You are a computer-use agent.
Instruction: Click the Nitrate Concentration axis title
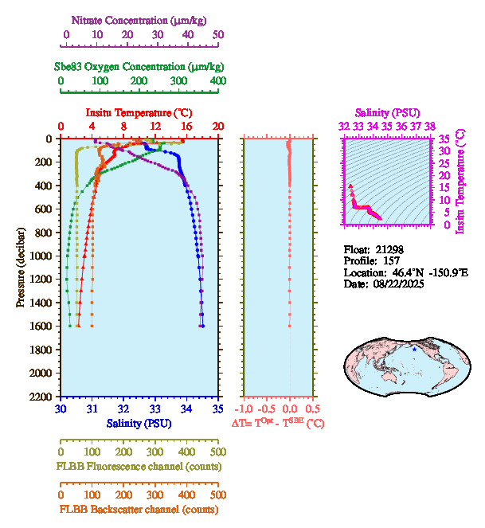(x=140, y=19)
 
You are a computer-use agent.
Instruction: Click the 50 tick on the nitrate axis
(x=218, y=35)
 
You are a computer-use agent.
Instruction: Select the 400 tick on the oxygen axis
(x=217, y=81)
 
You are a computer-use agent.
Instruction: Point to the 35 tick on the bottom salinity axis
(x=217, y=410)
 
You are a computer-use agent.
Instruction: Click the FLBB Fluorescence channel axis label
(x=139, y=466)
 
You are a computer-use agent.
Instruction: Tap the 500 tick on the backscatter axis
(x=217, y=494)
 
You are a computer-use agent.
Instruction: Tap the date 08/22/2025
(x=397, y=284)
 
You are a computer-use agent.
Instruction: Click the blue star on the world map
(x=414, y=350)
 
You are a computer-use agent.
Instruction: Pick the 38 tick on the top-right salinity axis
(x=429, y=126)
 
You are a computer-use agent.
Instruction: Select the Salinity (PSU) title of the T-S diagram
(x=387, y=113)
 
